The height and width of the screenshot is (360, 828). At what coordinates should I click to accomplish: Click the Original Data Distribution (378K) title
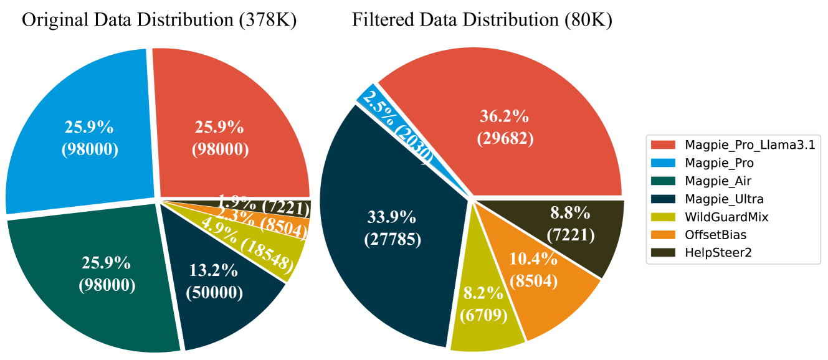point(159,21)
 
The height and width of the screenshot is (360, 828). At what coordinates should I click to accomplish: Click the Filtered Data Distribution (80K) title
point(482,21)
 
